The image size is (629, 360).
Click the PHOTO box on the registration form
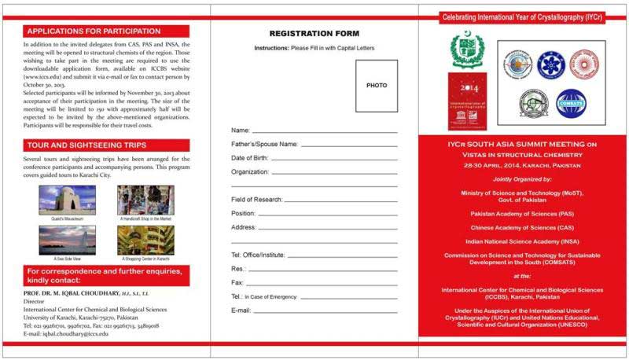(376, 86)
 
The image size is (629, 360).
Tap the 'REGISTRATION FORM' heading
(314, 34)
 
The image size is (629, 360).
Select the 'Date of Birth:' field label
(250, 158)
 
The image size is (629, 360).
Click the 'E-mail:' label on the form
(241, 310)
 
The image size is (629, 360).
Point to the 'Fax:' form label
(237, 282)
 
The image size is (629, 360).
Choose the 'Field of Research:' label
(257, 200)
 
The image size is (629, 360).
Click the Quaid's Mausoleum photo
(67, 200)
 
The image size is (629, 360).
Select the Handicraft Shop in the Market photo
(145, 200)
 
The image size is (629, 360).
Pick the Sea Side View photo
(67, 240)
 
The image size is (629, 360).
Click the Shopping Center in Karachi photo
(145, 240)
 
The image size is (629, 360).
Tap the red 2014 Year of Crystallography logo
(468, 101)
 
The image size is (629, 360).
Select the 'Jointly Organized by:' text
(523, 179)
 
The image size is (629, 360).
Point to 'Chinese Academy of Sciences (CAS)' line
(523, 227)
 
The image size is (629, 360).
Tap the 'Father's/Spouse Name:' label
(264, 145)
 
